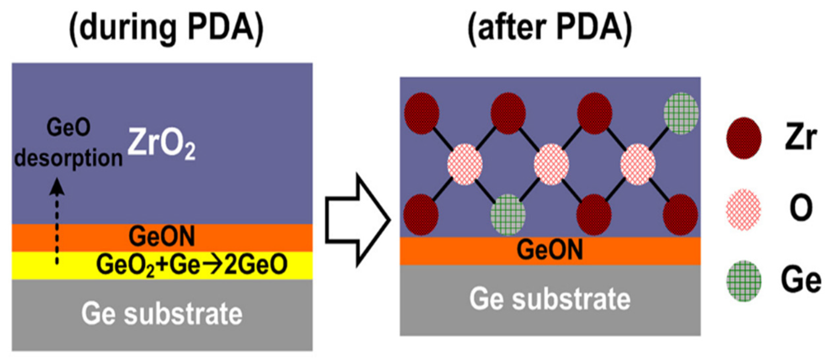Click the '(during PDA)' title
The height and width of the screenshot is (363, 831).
(166, 28)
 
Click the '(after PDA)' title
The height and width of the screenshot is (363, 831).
(550, 28)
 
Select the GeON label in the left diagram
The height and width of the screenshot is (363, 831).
(162, 237)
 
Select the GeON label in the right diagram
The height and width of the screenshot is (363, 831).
(550, 250)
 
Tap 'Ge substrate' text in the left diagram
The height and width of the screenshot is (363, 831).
(162, 313)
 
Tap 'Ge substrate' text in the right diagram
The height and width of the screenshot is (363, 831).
(550, 299)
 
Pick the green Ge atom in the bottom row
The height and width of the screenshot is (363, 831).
(508, 215)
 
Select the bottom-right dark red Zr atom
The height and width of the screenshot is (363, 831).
(680, 215)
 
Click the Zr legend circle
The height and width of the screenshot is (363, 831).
(744, 138)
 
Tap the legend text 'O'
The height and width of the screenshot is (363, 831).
(801, 208)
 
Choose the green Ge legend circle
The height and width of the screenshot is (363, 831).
(744, 281)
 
